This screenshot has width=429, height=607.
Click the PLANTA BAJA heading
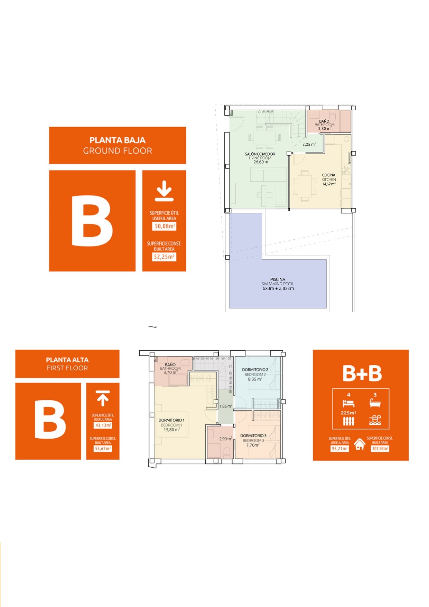coord(118,140)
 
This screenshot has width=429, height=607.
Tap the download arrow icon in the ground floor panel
coord(164,191)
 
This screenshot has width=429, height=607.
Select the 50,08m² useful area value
coord(164,226)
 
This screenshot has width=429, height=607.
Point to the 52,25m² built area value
coord(164,257)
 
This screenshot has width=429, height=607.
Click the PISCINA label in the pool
coord(278,279)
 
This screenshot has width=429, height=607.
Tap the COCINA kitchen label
coord(329,175)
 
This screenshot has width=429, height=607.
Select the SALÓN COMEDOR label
coord(260,154)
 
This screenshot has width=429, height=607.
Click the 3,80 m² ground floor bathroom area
coord(325,128)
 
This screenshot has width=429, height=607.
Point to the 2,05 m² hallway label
coord(309,144)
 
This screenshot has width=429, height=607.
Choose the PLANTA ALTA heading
coord(67,360)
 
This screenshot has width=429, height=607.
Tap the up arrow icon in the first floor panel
coord(103,398)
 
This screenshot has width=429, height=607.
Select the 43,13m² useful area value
coord(103,425)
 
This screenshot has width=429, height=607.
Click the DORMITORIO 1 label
coord(171,420)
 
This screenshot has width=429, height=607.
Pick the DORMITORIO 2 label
coord(255,370)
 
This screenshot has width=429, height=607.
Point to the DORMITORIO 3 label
coord(253,436)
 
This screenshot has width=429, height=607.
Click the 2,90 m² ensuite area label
coord(225,439)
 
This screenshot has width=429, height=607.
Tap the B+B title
coord(362,374)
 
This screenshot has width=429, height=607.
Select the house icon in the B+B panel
coord(360,444)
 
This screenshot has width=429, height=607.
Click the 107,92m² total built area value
coord(380,449)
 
